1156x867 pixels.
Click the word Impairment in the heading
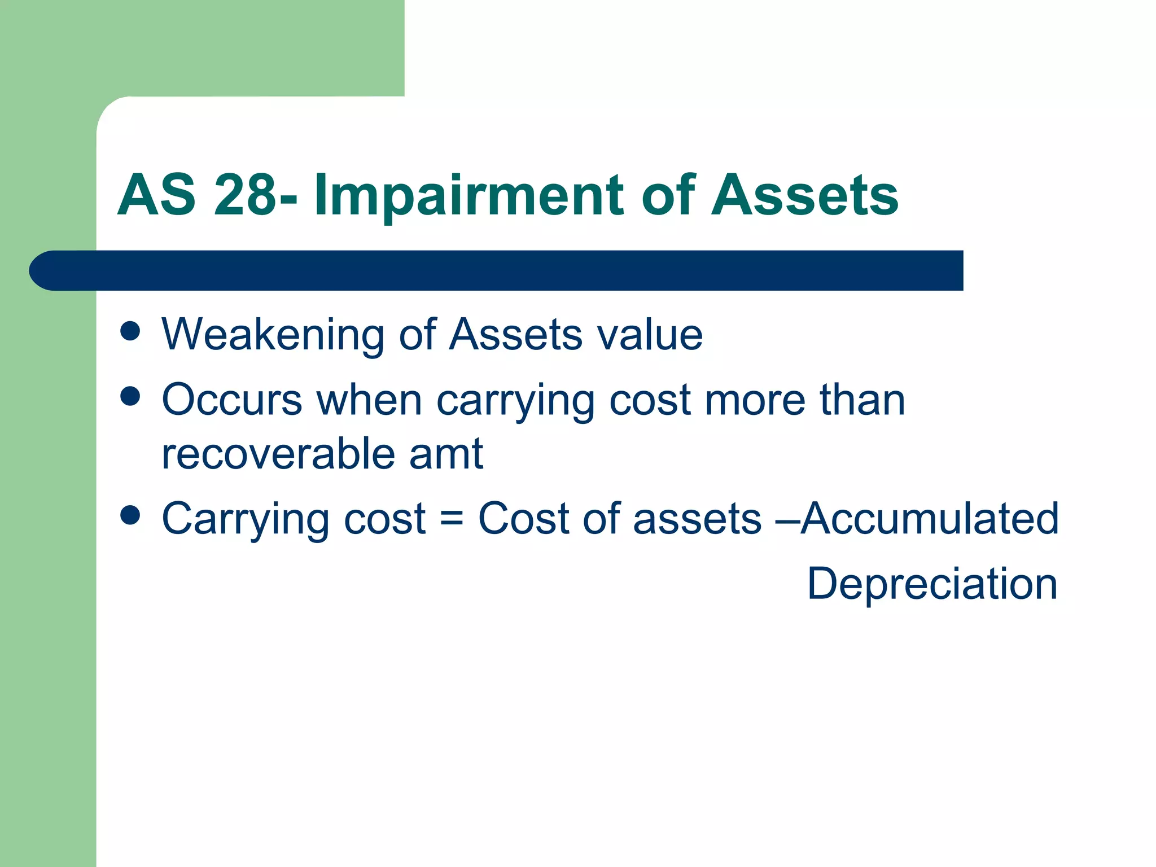click(468, 196)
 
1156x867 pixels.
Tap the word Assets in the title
click(804, 195)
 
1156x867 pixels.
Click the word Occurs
click(232, 400)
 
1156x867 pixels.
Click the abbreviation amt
click(446, 454)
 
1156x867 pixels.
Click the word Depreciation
click(932, 584)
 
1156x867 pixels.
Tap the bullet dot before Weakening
click(130, 331)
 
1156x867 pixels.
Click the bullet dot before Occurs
click(130, 396)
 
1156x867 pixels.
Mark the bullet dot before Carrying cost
click(130, 515)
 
